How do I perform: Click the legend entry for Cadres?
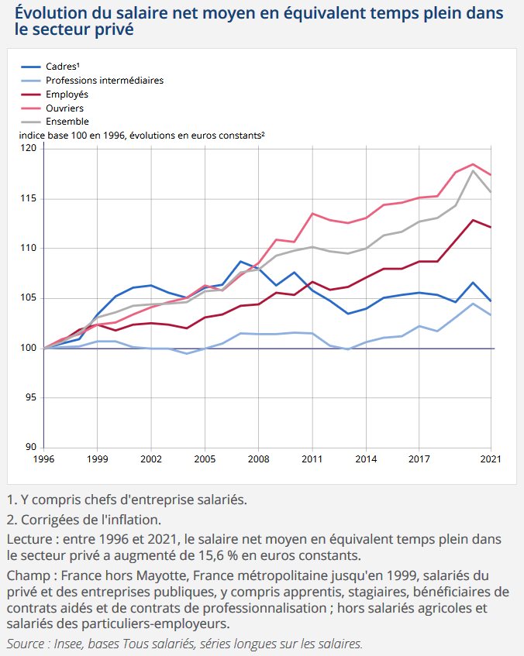[50, 67]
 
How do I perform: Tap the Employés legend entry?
[54, 94]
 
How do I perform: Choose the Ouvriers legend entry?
[53, 108]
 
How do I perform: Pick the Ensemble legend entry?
[55, 122]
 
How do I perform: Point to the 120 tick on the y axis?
[29, 148]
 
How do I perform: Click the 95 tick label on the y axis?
[31, 397]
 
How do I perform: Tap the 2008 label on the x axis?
[258, 459]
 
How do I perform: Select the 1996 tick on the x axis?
[43, 459]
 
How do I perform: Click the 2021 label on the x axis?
[491, 459]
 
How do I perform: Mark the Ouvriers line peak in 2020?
[473, 164]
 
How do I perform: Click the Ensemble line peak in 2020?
[473, 170]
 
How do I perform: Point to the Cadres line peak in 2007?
[240, 262]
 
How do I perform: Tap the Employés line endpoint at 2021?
[491, 227]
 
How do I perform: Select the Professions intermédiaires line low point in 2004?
[187, 353]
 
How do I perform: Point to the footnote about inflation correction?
[84, 520]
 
